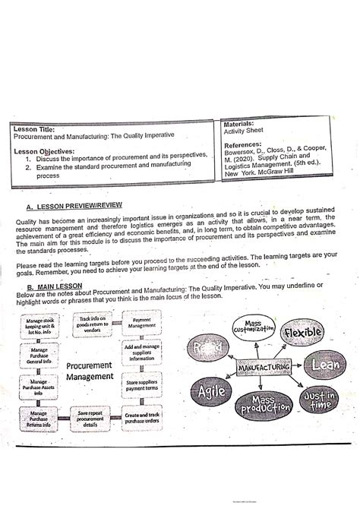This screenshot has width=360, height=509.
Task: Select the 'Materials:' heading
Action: pos(242,122)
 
